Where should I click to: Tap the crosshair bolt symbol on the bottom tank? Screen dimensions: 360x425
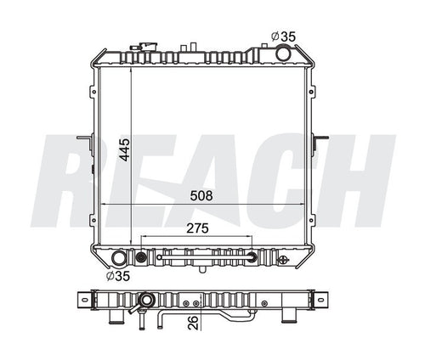(x=158, y=254)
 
